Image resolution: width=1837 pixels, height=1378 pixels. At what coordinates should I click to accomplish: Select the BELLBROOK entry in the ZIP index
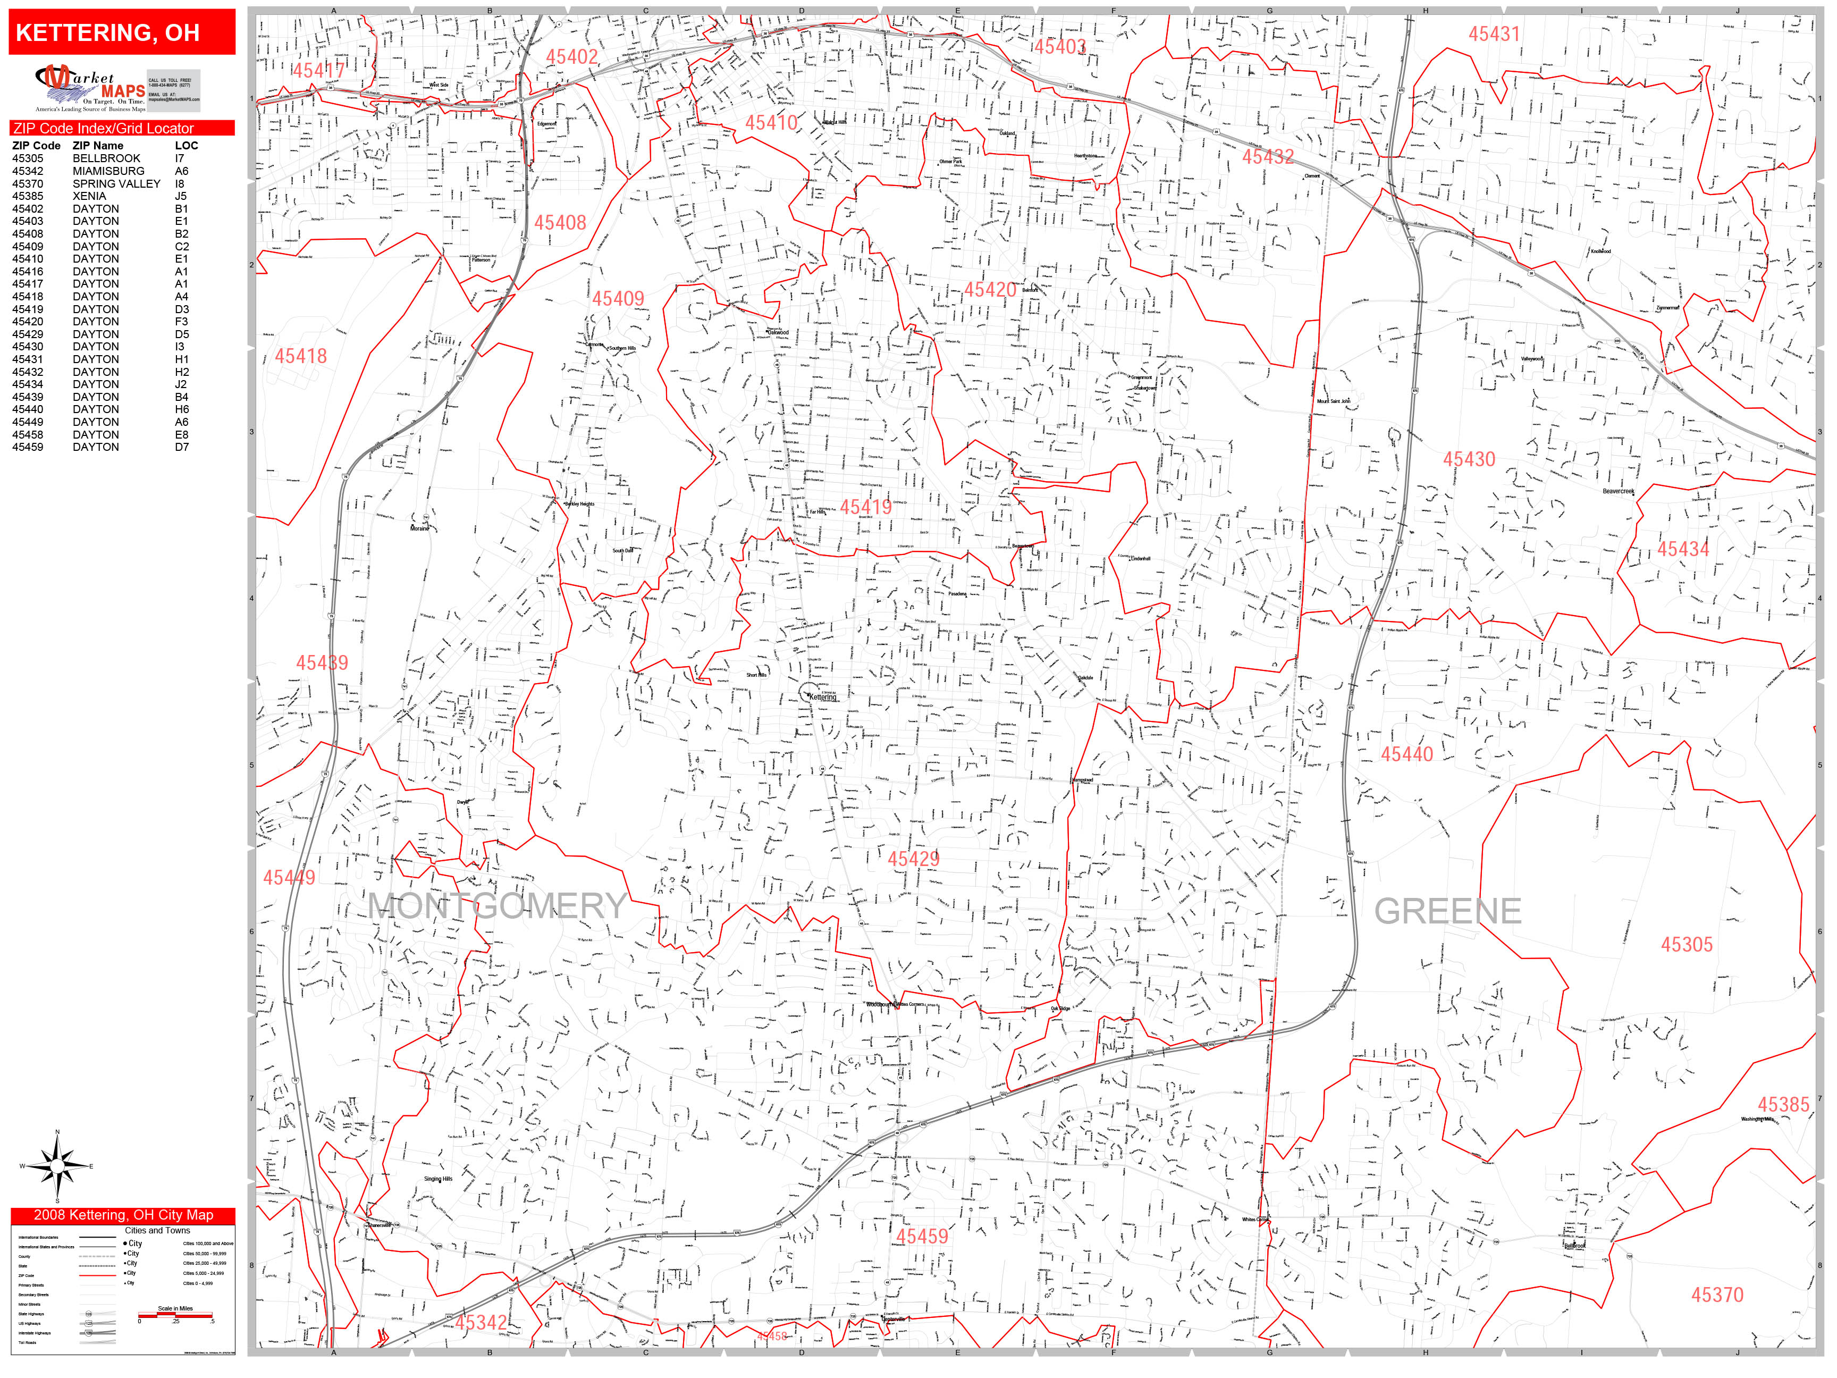click(106, 158)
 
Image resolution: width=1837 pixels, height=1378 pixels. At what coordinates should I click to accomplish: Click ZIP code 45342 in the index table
click(28, 171)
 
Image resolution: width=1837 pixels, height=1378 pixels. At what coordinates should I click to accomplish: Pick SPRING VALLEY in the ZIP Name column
click(116, 183)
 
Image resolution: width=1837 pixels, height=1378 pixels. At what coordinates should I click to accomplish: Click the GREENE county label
click(1447, 911)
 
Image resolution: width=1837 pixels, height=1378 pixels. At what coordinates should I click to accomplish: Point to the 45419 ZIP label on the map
click(865, 507)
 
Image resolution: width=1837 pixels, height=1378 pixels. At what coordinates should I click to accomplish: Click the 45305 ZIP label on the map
click(1686, 944)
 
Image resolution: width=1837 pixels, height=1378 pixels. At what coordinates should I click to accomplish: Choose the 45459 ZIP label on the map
click(921, 1237)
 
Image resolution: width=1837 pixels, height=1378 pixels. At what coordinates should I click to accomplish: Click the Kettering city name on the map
click(823, 697)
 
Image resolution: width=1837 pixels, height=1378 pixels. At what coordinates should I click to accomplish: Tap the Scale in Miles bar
click(175, 1315)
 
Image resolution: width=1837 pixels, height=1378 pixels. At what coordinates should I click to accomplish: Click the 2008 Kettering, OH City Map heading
click(123, 1215)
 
